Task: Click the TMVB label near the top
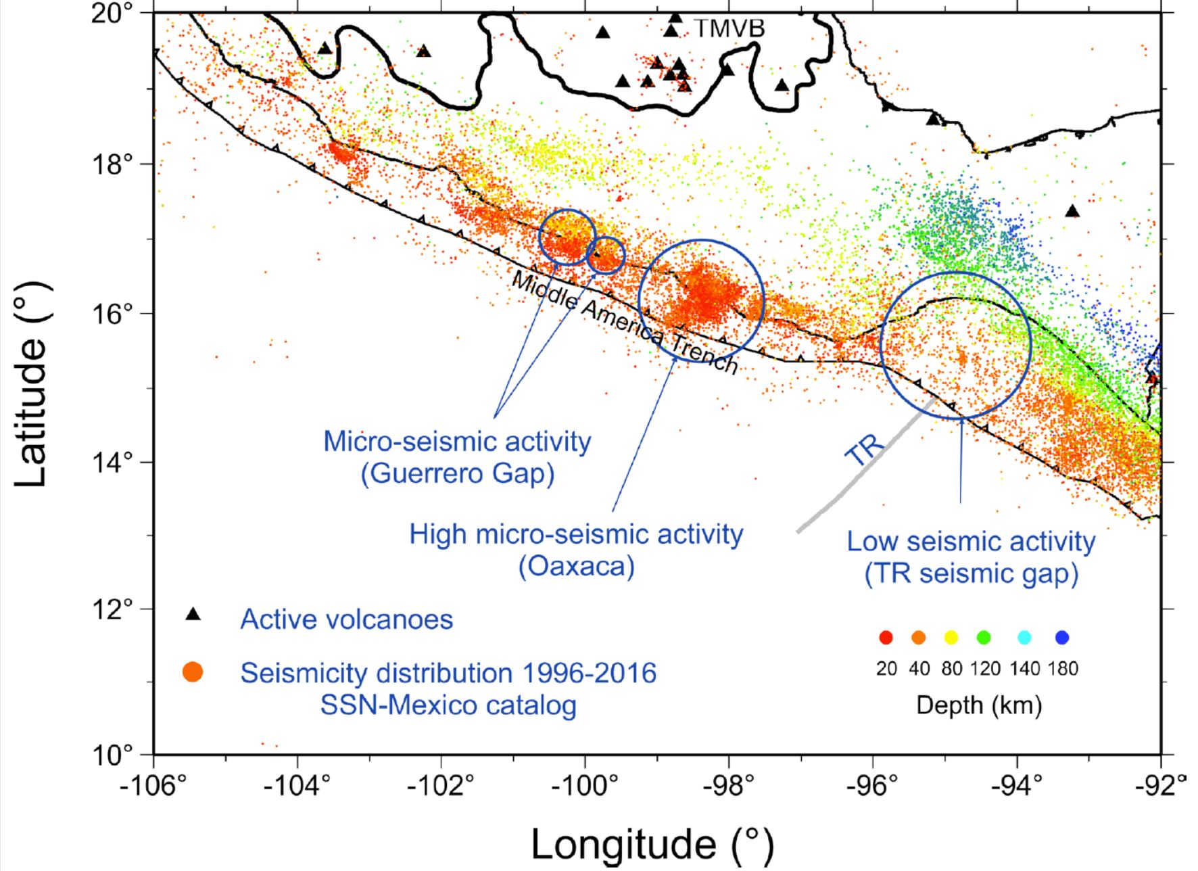point(729,29)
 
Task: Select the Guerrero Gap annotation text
point(458,473)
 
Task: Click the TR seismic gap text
point(972,574)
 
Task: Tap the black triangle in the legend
point(193,614)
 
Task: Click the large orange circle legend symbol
point(193,672)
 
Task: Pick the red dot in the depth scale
point(886,638)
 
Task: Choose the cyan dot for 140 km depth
point(1024,638)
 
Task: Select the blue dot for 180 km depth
point(1062,638)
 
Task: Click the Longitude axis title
point(652,844)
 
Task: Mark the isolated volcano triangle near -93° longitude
point(1072,212)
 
